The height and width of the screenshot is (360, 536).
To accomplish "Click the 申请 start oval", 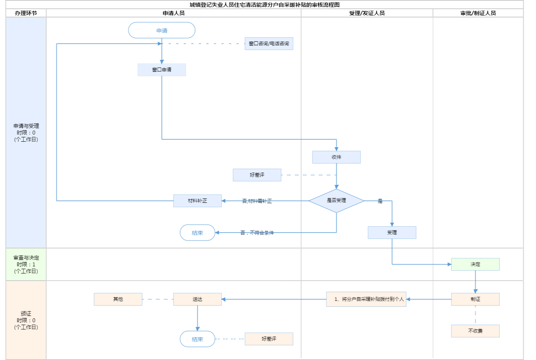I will pos(162,31).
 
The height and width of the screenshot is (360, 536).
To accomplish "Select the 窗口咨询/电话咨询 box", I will pos(269,44).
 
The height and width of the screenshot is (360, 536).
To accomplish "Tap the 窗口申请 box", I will pos(162,70).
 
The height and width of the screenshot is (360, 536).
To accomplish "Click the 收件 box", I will pos(336,157).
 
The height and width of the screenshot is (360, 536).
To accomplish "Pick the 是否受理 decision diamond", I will pos(336,200).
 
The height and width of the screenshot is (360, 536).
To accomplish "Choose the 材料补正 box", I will pos(197,201).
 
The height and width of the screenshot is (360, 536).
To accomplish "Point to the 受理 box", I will pos(392,233).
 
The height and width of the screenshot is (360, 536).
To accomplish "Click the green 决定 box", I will pos(475,264).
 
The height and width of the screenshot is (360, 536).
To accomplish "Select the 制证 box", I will pos(475,299).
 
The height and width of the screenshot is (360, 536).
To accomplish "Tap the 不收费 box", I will pos(475,331).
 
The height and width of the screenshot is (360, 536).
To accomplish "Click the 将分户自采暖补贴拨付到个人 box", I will pos(366,299).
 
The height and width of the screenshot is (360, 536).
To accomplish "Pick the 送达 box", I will pos(197,299).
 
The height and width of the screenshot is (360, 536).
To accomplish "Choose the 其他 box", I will pos(118,299).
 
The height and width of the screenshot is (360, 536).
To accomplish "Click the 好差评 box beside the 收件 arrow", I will pos(257,175).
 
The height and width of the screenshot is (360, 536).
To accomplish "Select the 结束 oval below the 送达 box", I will pos(197,339).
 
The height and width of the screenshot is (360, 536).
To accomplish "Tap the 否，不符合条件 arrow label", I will pos(257,233).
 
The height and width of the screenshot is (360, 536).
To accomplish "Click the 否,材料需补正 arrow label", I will pos(257,201).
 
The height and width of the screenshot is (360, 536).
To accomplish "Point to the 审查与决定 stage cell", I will pos(26,264).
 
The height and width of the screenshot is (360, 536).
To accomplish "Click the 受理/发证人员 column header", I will pos(367,13).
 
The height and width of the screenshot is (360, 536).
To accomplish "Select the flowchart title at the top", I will pos(264,5).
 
